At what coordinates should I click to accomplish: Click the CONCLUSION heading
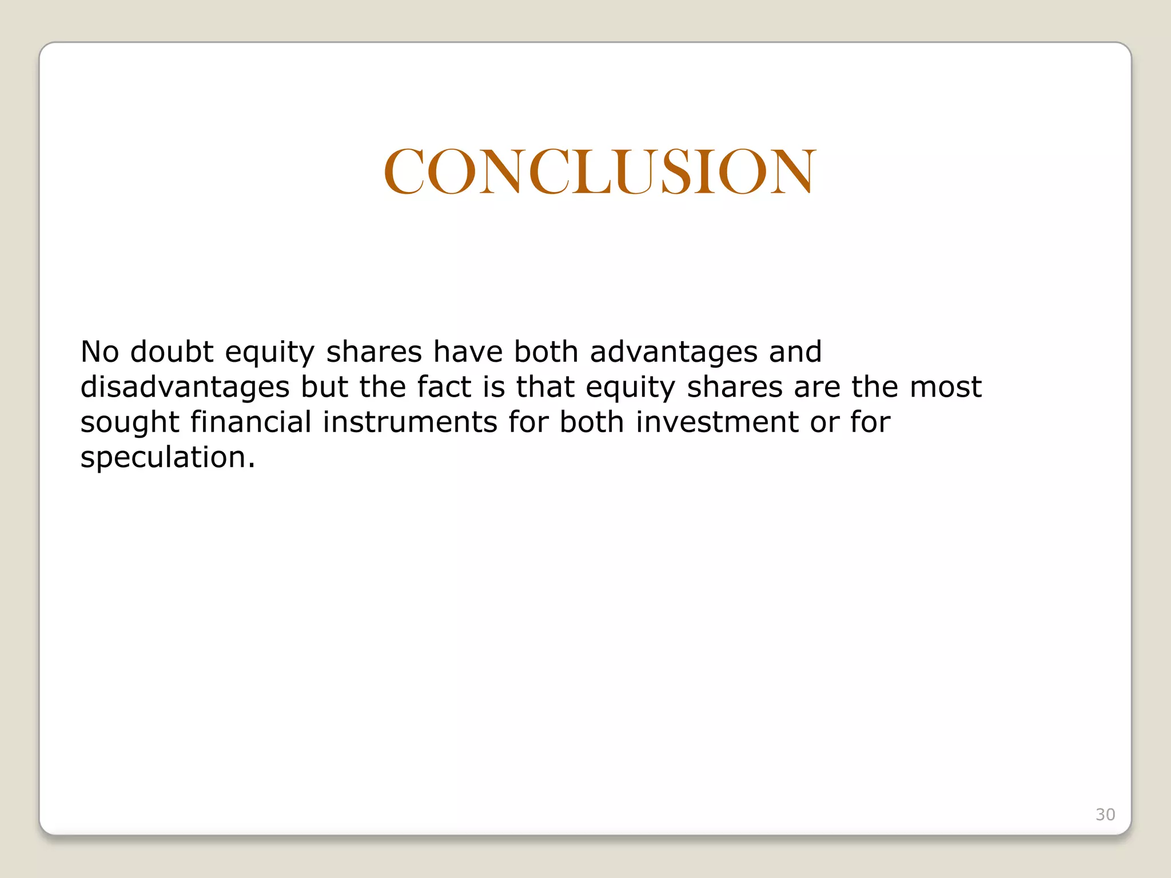pyautogui.click(x=599, y=171)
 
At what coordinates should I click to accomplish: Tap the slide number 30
pyautogui.click(x=1105, y=815)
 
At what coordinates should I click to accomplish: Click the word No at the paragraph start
pyautogui.click(x=99, y=352)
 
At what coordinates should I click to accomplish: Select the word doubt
pyautogui.click(x=172, y=352)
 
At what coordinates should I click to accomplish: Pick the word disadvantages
pyautogui.click(x=185, y=388)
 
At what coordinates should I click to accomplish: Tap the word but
pyautogui.click(x=324, y=387)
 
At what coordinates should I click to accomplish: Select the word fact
pyautogui.click(x=444, y=387)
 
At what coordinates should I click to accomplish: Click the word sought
pyautogui.click(x=130, y=424)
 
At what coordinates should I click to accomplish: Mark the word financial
pyautogui.click(x=251, y=422)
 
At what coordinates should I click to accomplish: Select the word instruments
pyautogui.click(x=409, y=424)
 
